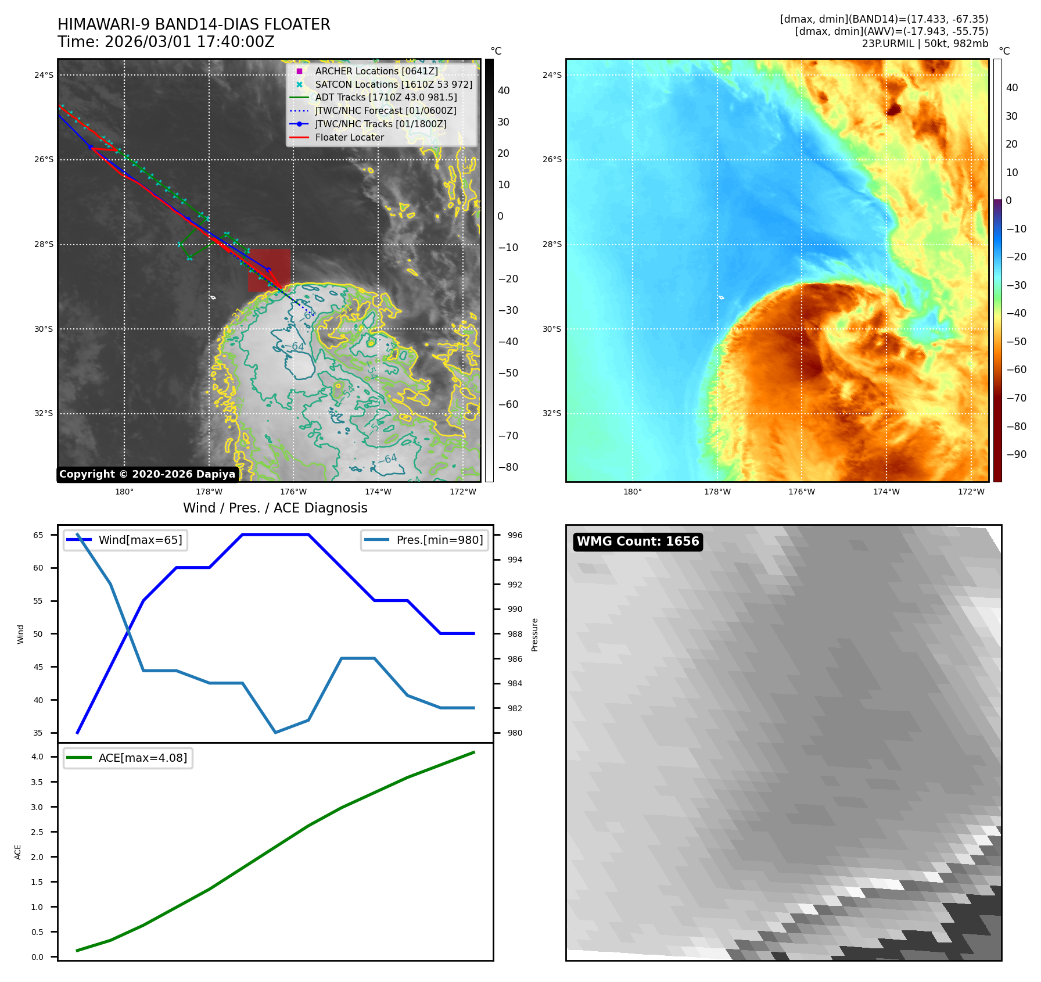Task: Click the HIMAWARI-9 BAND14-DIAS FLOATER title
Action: (193, 24)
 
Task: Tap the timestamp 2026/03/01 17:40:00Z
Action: (166, 42)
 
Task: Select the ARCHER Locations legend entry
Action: (376, 71)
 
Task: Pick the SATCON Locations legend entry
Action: (393, 84)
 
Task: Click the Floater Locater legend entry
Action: (349, 137)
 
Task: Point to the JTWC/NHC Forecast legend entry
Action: (385, 110)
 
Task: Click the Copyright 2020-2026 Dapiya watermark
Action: (147, 474)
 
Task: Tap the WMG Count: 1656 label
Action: (637, 542)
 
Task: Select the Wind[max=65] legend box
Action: (125, 540)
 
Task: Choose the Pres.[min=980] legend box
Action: (424, 540)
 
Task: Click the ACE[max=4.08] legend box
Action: (128, 758)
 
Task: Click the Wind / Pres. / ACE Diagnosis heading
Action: (275, 508)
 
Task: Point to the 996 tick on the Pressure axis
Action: (515, 535)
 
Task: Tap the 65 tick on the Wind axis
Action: (38, 535)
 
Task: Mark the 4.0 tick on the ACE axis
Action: (37, 757)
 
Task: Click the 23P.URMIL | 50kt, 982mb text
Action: (925, 44)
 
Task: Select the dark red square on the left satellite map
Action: (269, 270)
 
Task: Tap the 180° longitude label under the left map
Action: (124, 492)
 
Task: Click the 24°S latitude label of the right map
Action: (552, 75)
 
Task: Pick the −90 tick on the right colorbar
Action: (1016, 454)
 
